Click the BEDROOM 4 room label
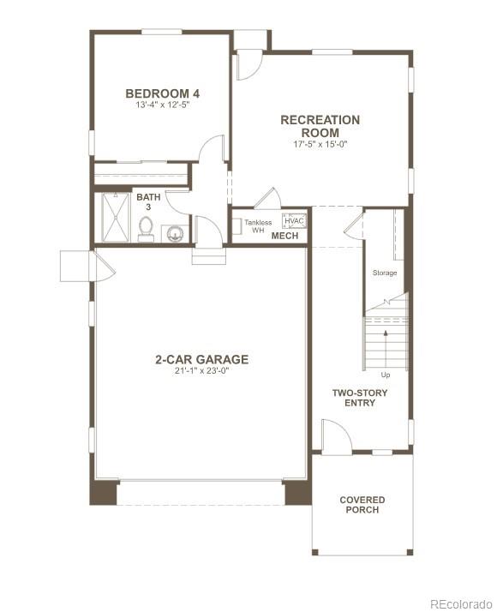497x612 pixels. point(163,93)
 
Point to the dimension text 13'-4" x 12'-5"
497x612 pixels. point(163,105)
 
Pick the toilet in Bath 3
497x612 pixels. point(146,229)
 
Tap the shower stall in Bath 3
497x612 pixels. point(114,217)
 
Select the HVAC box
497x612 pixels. point(294,220)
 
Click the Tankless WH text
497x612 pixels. point(258,226)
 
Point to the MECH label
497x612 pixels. point(284,236)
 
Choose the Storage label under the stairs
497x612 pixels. point(385,273)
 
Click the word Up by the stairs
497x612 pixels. point(386,375)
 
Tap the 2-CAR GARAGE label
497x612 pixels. point(202,359)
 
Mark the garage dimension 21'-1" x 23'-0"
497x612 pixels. point(202,371)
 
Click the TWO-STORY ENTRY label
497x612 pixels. point(360,398)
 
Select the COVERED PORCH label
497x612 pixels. point(362,505)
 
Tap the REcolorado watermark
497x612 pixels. point(461,603)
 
